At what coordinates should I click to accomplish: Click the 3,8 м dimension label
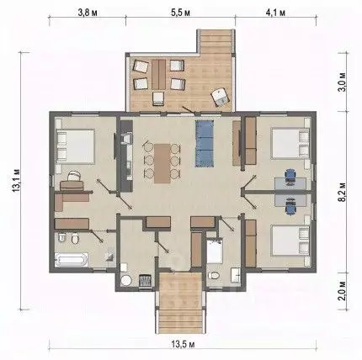88,13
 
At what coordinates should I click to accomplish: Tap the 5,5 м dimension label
180,13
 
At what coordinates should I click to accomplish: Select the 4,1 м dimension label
275,13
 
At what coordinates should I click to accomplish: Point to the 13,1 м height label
16,180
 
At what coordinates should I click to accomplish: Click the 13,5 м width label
184,344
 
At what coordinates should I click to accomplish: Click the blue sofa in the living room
205,144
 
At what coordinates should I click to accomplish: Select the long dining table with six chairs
162,163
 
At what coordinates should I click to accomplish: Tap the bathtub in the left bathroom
72,260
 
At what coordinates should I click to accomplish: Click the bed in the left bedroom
75,146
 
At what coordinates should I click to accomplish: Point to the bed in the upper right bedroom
290,143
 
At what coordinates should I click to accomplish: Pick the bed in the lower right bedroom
290,241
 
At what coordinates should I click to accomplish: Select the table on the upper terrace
159,73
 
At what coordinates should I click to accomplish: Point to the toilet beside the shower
214,275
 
